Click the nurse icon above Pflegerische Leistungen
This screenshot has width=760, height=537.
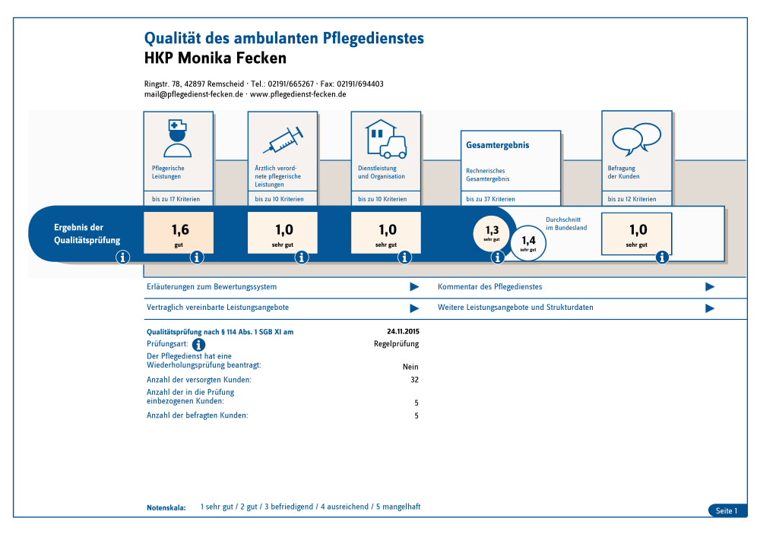click(177, 137)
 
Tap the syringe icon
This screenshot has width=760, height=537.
click(283, 139)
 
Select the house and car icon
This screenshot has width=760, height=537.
click(385, 137)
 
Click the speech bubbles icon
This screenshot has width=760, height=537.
click(638, 138)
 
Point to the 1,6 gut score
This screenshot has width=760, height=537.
click(179, 232)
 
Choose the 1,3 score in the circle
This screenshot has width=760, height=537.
click(492, 232)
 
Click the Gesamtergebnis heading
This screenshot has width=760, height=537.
click(497, 145)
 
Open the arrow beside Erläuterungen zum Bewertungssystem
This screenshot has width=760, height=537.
click(414, 287)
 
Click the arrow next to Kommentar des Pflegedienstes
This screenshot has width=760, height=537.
click(710, 287)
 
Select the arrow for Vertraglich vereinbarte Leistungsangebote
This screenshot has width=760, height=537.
click(414, 308)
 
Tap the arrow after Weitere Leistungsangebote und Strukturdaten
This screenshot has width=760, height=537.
click(710, 308)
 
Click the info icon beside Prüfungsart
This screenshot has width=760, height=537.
click(199, 344)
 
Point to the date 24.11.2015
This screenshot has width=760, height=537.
click(403, 332)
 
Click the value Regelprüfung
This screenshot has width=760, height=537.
click(396, 344)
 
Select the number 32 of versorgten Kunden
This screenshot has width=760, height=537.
click(414, 380)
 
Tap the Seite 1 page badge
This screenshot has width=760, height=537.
click(727, 511)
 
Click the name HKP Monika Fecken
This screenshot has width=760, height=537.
click(215, 58)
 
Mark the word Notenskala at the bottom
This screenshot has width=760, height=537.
click(166, 507)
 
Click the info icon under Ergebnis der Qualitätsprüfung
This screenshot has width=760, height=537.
click(123, 257)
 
